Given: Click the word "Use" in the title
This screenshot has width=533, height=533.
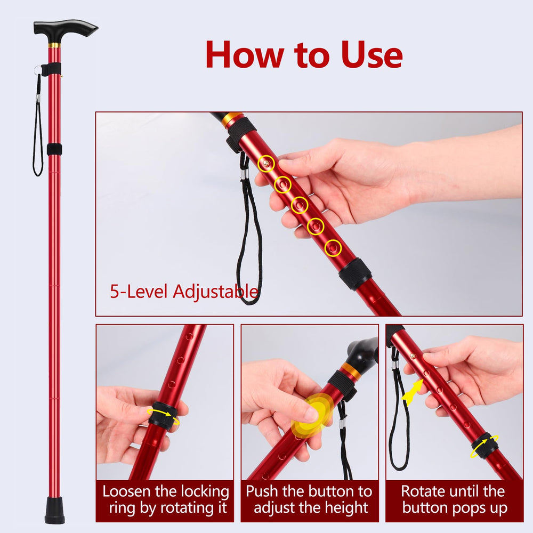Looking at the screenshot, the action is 372,54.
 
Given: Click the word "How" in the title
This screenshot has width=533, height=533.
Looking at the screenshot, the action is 245,54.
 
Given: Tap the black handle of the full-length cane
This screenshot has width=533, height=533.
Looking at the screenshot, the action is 65,29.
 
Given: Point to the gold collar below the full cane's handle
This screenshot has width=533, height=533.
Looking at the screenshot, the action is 54,45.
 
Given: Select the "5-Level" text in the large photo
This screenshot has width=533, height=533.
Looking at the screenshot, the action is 139,292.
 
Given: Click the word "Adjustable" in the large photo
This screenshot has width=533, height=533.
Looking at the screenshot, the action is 215,292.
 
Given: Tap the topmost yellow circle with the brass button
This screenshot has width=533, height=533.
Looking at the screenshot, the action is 266,164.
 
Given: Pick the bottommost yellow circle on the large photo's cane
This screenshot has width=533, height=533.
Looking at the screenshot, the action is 333,248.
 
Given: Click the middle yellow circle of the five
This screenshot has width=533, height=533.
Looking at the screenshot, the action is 300,205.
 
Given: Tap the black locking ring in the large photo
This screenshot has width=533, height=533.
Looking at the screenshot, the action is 354,274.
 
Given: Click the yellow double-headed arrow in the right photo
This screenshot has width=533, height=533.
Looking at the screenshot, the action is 413,393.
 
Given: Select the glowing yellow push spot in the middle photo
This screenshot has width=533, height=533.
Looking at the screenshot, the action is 312,415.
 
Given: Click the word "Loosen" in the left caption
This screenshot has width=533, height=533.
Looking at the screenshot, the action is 126,491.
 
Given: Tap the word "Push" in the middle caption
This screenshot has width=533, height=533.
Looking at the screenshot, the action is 262,491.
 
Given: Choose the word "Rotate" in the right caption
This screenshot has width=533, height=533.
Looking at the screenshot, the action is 422,491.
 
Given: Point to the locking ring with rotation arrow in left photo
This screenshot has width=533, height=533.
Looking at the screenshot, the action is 163,416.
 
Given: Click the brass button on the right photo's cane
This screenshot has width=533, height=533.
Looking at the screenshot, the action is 413,357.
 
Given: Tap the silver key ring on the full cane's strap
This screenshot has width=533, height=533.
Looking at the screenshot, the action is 37,71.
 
